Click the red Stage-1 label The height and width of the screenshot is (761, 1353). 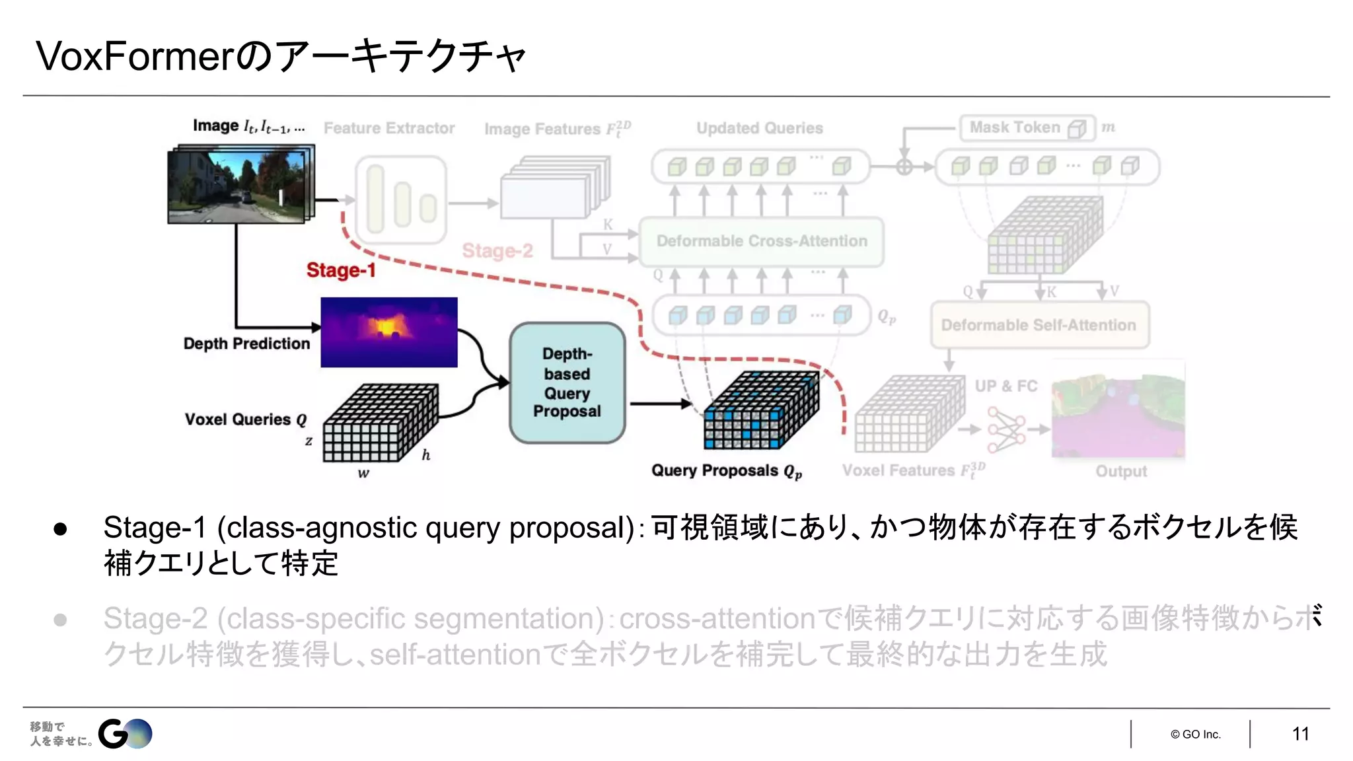coord(340,270)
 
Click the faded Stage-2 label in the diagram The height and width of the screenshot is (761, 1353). coord(497,251)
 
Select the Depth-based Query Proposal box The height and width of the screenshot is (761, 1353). coord(567,382)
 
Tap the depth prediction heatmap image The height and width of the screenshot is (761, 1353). coord(388,332)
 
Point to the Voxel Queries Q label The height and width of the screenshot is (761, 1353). coord(246,419)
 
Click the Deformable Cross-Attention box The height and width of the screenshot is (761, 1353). coord(761,242)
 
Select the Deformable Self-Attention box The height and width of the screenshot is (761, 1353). coord(1039,325)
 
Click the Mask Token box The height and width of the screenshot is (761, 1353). coord(1026,127)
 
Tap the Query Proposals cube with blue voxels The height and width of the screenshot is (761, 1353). coord(761,410)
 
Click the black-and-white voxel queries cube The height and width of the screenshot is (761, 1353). coord(381,423)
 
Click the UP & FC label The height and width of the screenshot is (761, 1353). coord(1006,386)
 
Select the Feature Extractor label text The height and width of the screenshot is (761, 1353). coord(389,128)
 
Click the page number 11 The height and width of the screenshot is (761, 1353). coord(1300,734)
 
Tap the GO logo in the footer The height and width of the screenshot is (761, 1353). coord(126,734)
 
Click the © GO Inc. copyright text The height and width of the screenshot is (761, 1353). coord(1195,735)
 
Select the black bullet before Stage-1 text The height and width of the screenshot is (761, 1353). coord(60,528)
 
